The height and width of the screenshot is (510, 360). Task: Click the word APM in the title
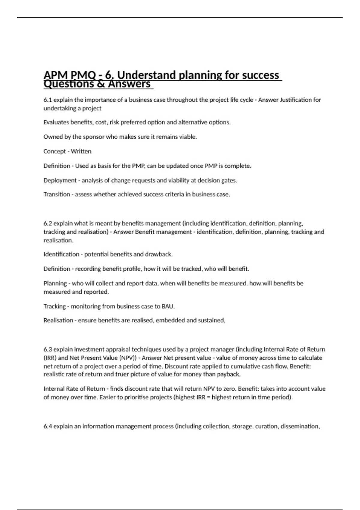tap(56, 75)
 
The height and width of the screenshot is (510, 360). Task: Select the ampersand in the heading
tap(101, 84)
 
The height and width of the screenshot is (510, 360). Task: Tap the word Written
tap(81, 151)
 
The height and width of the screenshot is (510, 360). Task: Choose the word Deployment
tap(60, 180)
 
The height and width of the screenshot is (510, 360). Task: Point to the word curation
tap(266, 426)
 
